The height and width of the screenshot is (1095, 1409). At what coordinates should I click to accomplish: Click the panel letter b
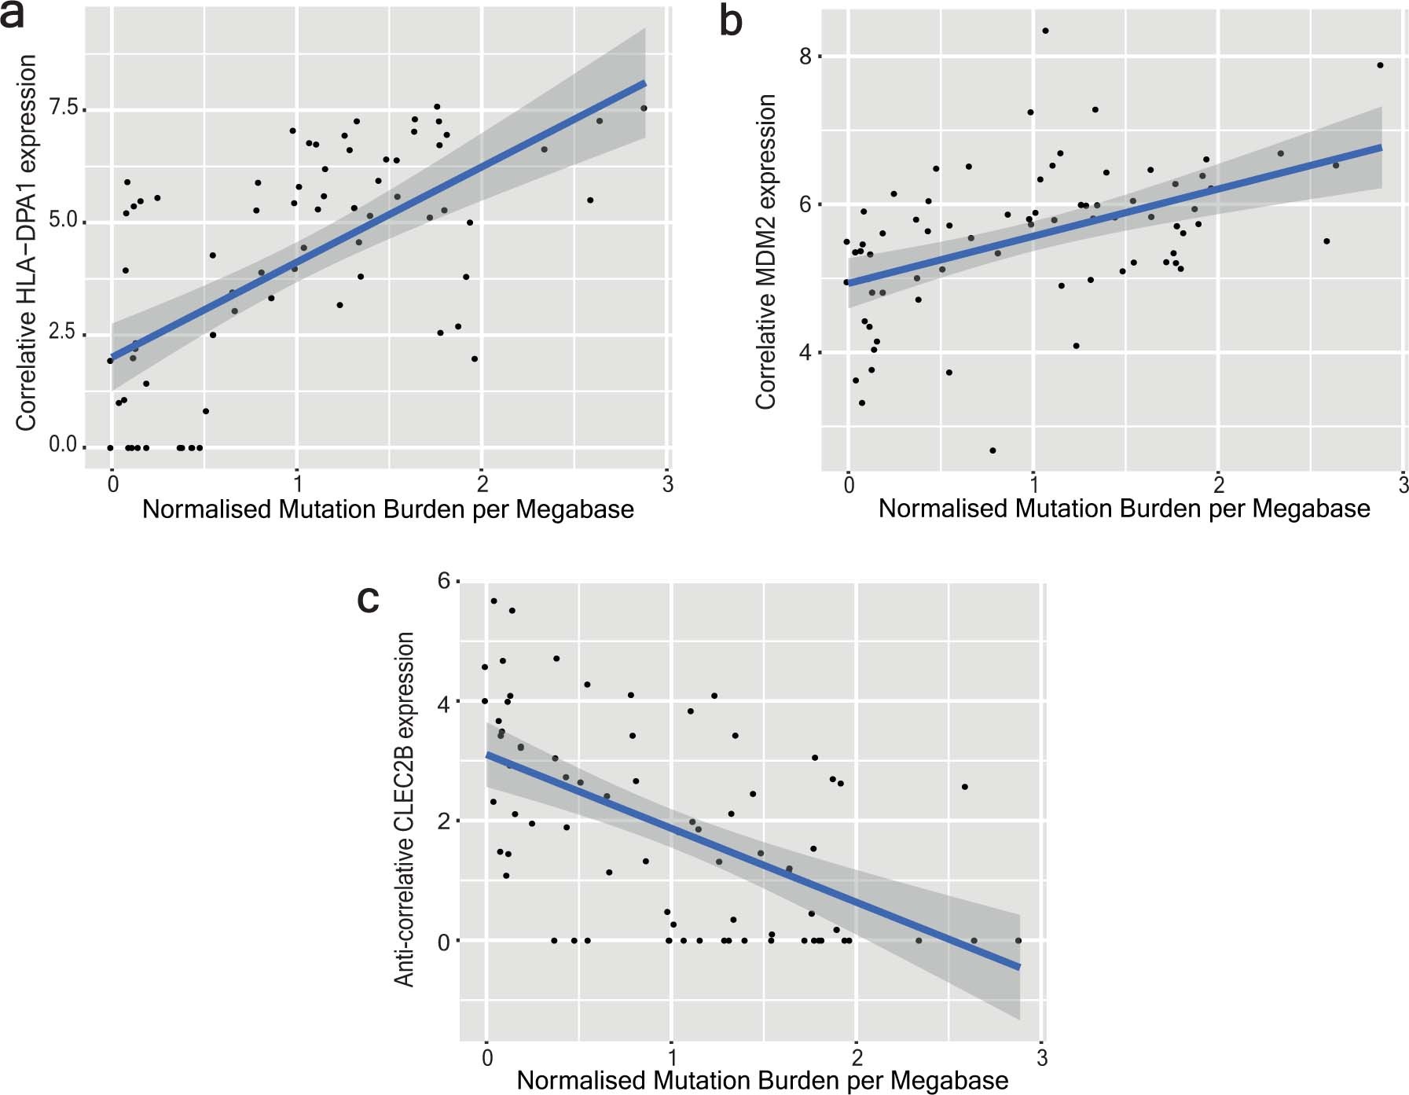pyautogui.click(x=731, y=21)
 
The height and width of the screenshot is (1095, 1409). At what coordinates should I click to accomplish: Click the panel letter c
pyautogui.click(x=368, y=600)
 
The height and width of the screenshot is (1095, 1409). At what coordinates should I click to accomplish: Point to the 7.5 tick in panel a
pyautogui.click(x=64, y=108)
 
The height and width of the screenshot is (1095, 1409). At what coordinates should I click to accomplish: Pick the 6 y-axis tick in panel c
pyautogui.click(x=444, y=582)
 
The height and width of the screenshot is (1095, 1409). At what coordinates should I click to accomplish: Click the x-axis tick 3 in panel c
pyautogui.click(x=1042, y=1058)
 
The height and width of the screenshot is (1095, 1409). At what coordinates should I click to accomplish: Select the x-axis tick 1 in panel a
pyautogui.click(x=297, y=484)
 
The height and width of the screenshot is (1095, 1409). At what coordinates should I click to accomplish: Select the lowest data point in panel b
pyautogui.click(x=993, y=450)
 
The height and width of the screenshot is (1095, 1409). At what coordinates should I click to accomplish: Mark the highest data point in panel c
pyautogui.click(x=494, y=601)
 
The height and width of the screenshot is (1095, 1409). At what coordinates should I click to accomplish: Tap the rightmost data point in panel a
pyautogui.click(x=644, y=108)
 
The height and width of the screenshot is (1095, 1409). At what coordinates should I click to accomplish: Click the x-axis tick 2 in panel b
pyautogui.click(x=1218, y=484)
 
